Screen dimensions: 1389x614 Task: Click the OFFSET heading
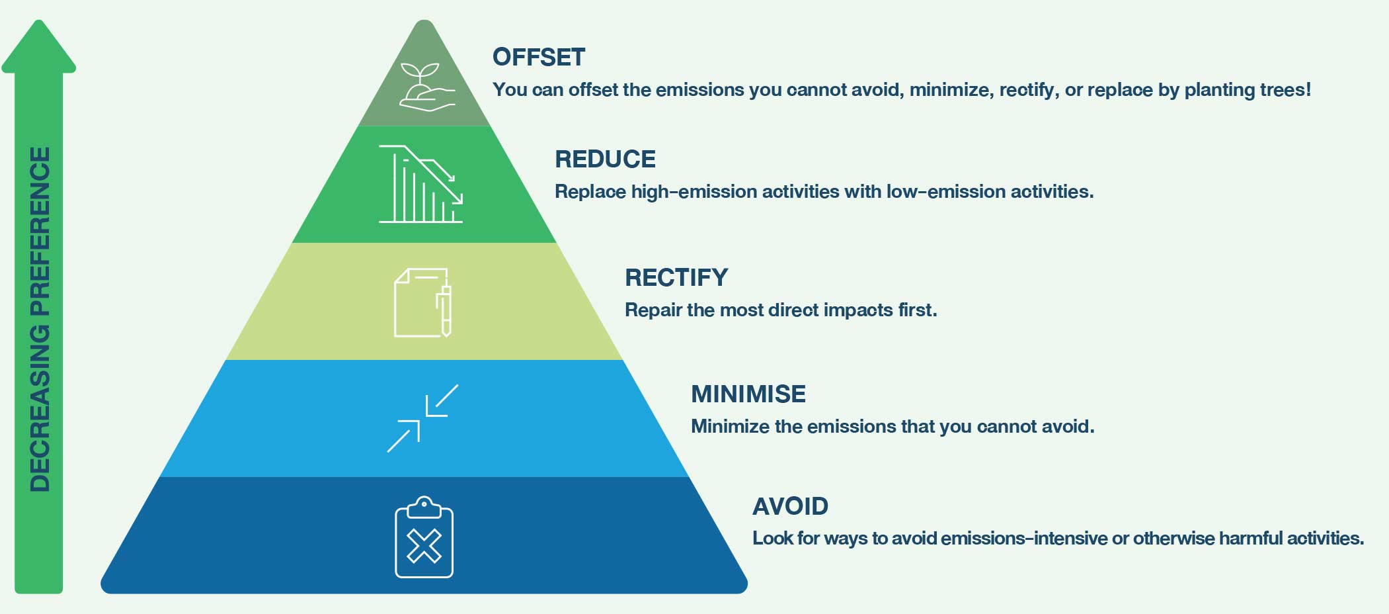(x=539, y=57)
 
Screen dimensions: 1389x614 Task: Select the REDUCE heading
(x=605, y=159)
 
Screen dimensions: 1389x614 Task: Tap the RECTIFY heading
(x=676, y=277)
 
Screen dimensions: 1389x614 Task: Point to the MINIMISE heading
(x=748, y=394)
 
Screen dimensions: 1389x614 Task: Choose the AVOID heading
(x=790, y=506)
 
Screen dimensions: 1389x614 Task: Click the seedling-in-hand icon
(x=427, y=87)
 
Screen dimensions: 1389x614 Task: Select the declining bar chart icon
(x=420, y=184)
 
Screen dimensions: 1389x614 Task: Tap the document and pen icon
(x=423, y=302)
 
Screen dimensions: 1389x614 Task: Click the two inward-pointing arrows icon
(x=422, y=418)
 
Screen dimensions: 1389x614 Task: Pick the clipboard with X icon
(x=424, y=537)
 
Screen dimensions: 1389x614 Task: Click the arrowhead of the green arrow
(x=39, y=46)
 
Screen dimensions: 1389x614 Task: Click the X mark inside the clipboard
(x=424, y=547)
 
